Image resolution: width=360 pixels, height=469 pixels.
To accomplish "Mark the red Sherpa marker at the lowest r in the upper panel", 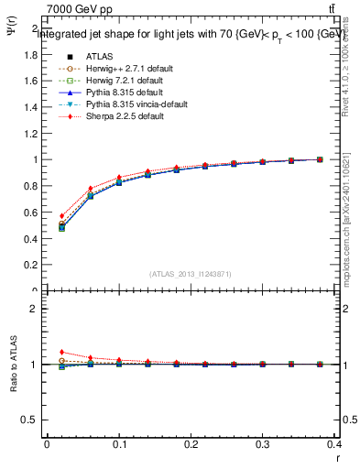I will pyautogui.click(x=61, y=216).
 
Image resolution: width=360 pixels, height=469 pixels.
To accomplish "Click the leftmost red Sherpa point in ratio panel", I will pyautogui.click(x=61, y=352).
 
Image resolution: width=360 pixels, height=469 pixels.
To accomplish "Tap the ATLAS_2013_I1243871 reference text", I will pyautogui.click(x=191, y=274).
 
